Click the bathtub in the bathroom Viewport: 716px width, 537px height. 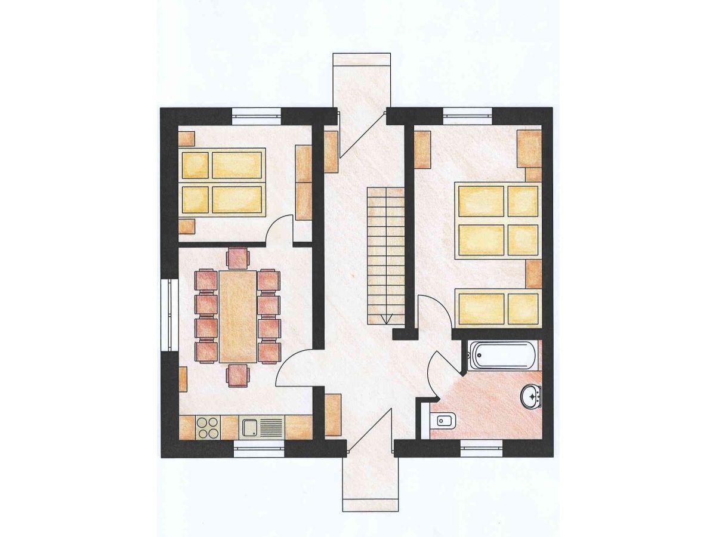click(x=501, y=356)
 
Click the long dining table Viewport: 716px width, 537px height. click(x=237, y=316)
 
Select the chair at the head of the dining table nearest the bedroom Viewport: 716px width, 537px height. click(x=237, y=258)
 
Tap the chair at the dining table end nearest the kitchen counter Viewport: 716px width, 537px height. click(x=237, y=375)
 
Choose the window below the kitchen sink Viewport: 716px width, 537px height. click(x=259, y=448)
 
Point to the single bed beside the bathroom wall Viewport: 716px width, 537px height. click(x=498, y=307)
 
